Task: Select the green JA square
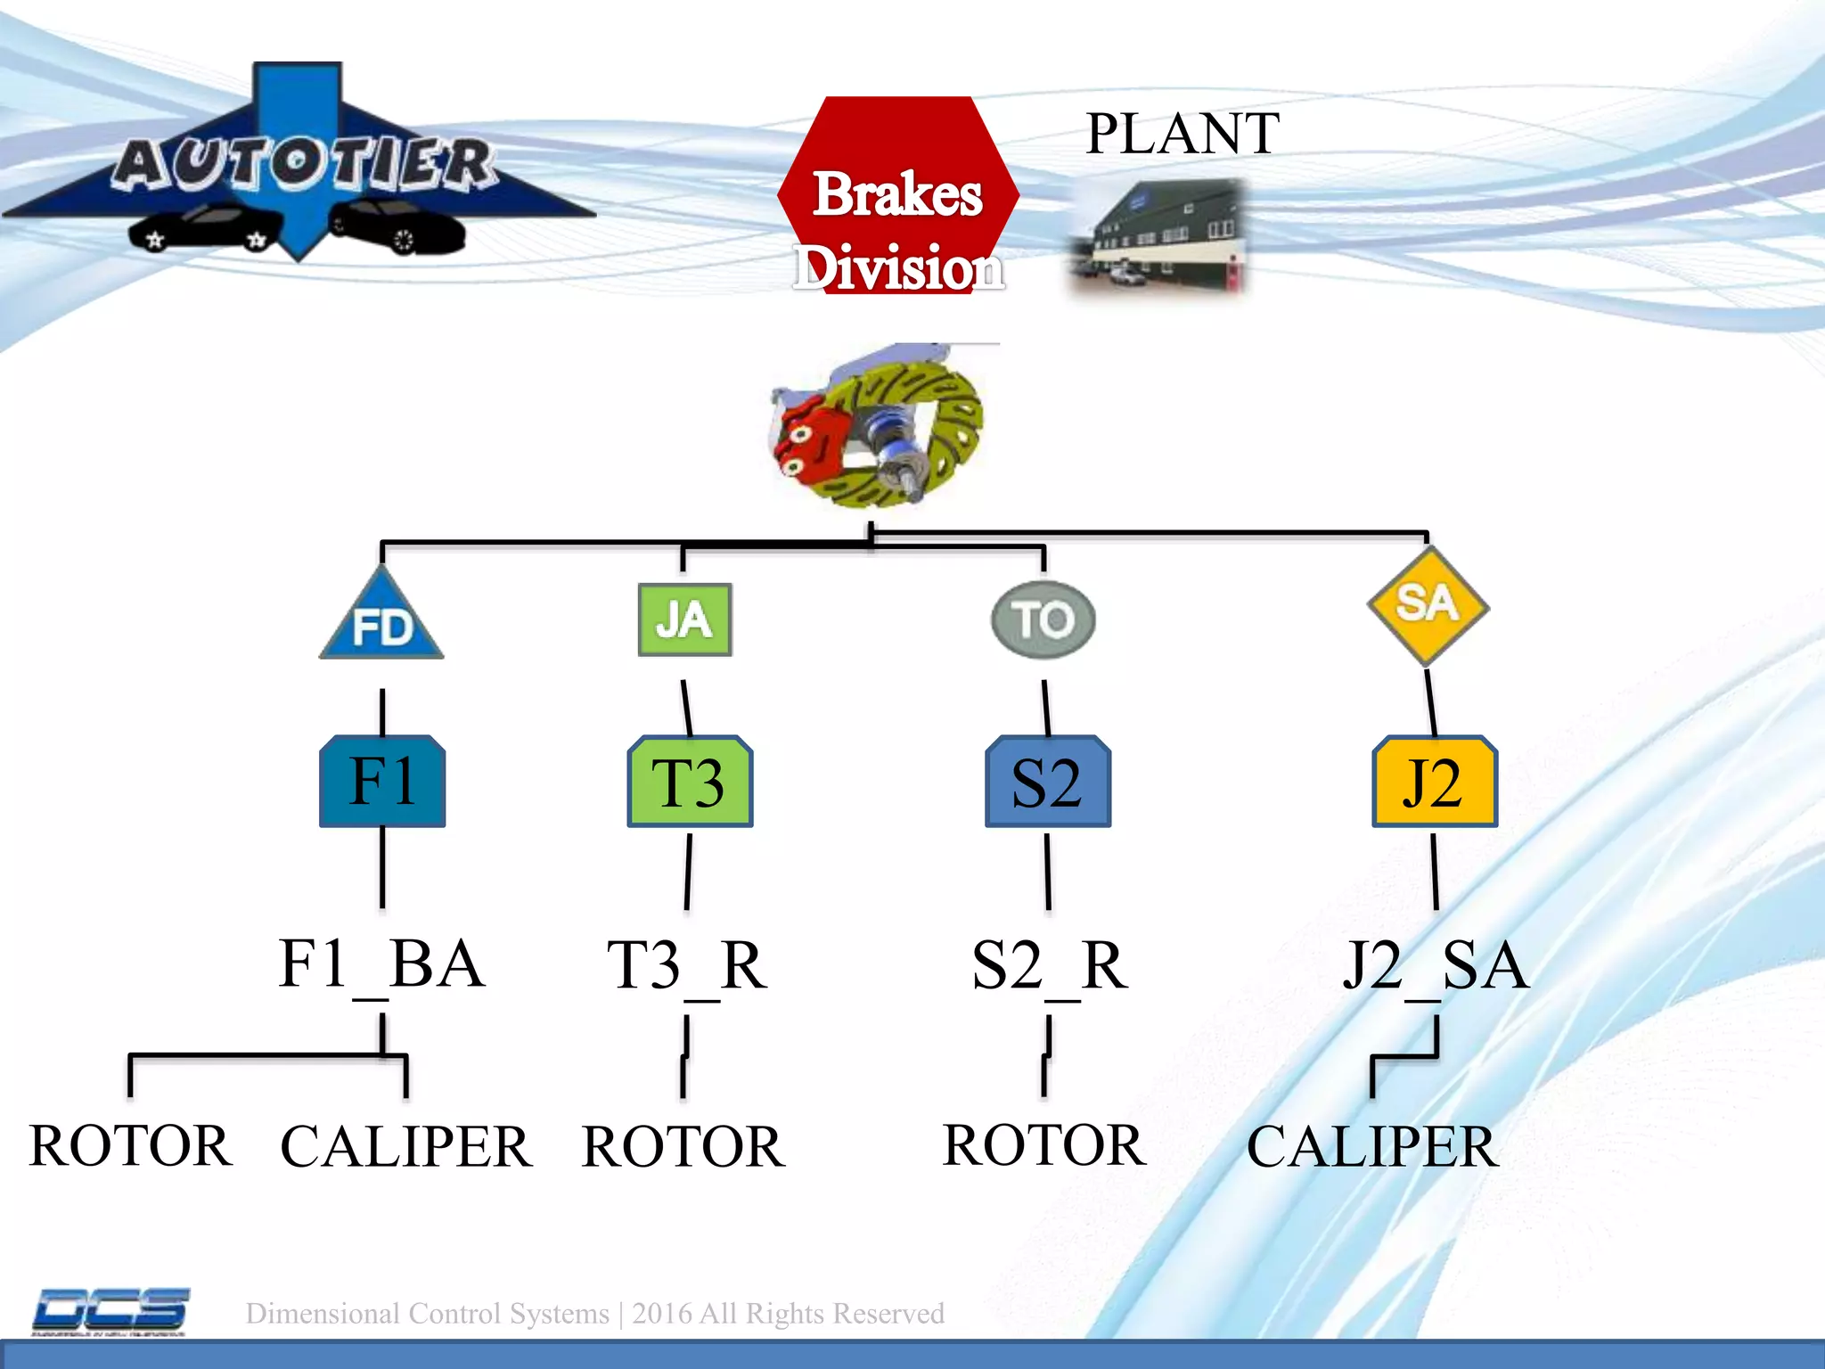click(x=684, y=619)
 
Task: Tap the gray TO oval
click(x=1043, y=619)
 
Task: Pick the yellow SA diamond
click(x=1428, y=605)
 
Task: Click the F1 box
click(x=382, y=782)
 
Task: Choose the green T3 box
click(x=690, y=782)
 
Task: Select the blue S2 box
click(x=1047, y=782)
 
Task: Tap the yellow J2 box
click(x=1434, y=782)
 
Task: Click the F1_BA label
click(x=381, y=965)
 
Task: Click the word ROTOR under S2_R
click(x=1043, y=1145)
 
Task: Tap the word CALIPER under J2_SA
click(x=1372, y=1147)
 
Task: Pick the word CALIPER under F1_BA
click(x=405, y=1147)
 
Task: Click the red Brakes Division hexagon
click(x=898, y=196)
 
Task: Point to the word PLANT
click(x=1183, y=134)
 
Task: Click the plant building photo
click(x=1156, y=236)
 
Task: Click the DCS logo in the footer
click(x=110, y=1311)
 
